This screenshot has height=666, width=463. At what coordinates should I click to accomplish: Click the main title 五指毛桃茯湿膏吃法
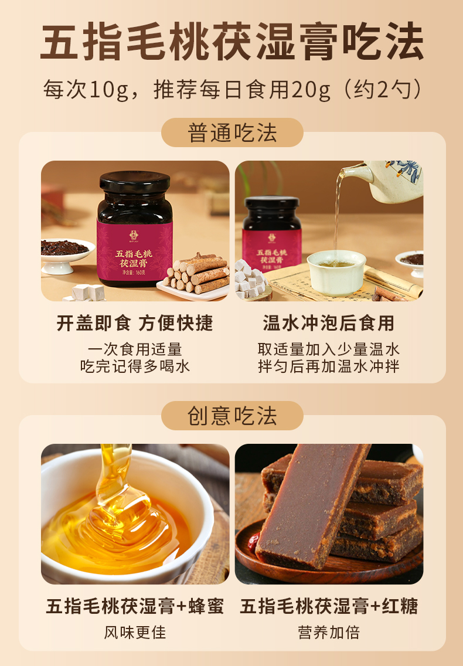(232, 42)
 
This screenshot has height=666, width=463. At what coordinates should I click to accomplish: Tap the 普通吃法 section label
(232, 133)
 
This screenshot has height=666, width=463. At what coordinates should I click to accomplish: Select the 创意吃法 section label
(232, 416)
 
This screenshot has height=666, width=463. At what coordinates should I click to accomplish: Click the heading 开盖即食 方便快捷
(135, 323)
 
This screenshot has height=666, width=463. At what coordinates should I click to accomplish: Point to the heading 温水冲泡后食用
(329, 323)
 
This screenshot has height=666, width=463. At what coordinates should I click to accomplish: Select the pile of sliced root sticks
(198, 273)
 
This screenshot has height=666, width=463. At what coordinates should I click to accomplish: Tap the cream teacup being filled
(336, 272)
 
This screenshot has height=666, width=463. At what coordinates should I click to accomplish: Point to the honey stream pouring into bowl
(113, 475)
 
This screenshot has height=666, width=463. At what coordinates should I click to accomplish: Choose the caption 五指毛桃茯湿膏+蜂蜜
(135, 606)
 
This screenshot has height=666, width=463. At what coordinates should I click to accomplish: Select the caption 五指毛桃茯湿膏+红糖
(329, 606)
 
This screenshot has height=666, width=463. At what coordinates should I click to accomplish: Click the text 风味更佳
(135, 633)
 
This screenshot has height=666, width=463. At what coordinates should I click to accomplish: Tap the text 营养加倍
(329, 633)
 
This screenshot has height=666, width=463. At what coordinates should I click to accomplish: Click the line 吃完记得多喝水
(135, 366)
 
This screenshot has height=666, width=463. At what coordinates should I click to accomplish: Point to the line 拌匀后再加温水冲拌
(329, 366)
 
